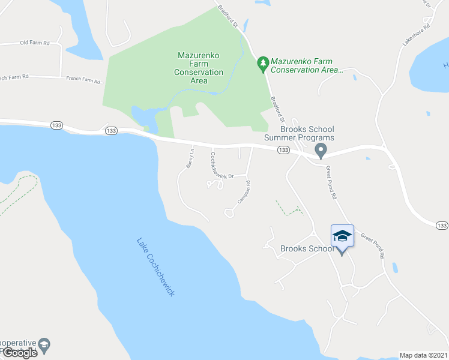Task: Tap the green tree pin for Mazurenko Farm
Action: tap(262, 63)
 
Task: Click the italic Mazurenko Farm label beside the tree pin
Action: tap(306, 65)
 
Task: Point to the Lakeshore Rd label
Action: tap(418, 35)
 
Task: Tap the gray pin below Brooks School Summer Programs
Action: tap(321, 150)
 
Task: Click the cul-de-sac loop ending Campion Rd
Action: tap(229, 212)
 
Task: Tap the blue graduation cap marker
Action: tap(342, 236)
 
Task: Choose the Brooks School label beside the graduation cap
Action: tap(306, 249)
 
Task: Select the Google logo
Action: tap(19, 353)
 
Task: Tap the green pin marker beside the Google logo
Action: tap(43, 344)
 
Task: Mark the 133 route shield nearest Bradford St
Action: tap(284, 150)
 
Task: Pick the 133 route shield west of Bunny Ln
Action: tap(110, 130)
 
